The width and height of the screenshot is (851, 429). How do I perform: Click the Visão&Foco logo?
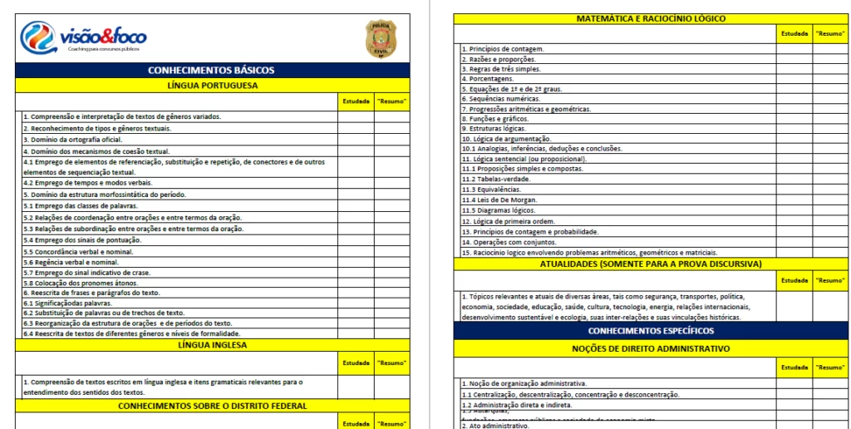(83, 37)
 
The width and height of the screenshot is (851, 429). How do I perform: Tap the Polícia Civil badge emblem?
(381, 38)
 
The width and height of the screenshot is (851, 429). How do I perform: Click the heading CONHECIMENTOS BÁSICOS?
(211, 71)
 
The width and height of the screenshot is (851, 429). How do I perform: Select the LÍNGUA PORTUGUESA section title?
(212, 85)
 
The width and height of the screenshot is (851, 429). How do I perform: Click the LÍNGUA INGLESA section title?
(212, 344)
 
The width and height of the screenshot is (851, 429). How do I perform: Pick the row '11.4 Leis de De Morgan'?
(499, 200)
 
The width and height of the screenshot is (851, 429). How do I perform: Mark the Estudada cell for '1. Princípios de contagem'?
(794, 49)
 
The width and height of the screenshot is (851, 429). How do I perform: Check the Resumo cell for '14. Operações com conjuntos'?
(830, 242)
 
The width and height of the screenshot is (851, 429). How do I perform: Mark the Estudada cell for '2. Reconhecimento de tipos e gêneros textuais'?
(356, 128)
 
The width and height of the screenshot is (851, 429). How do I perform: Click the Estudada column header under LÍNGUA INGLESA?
(356, 362)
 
